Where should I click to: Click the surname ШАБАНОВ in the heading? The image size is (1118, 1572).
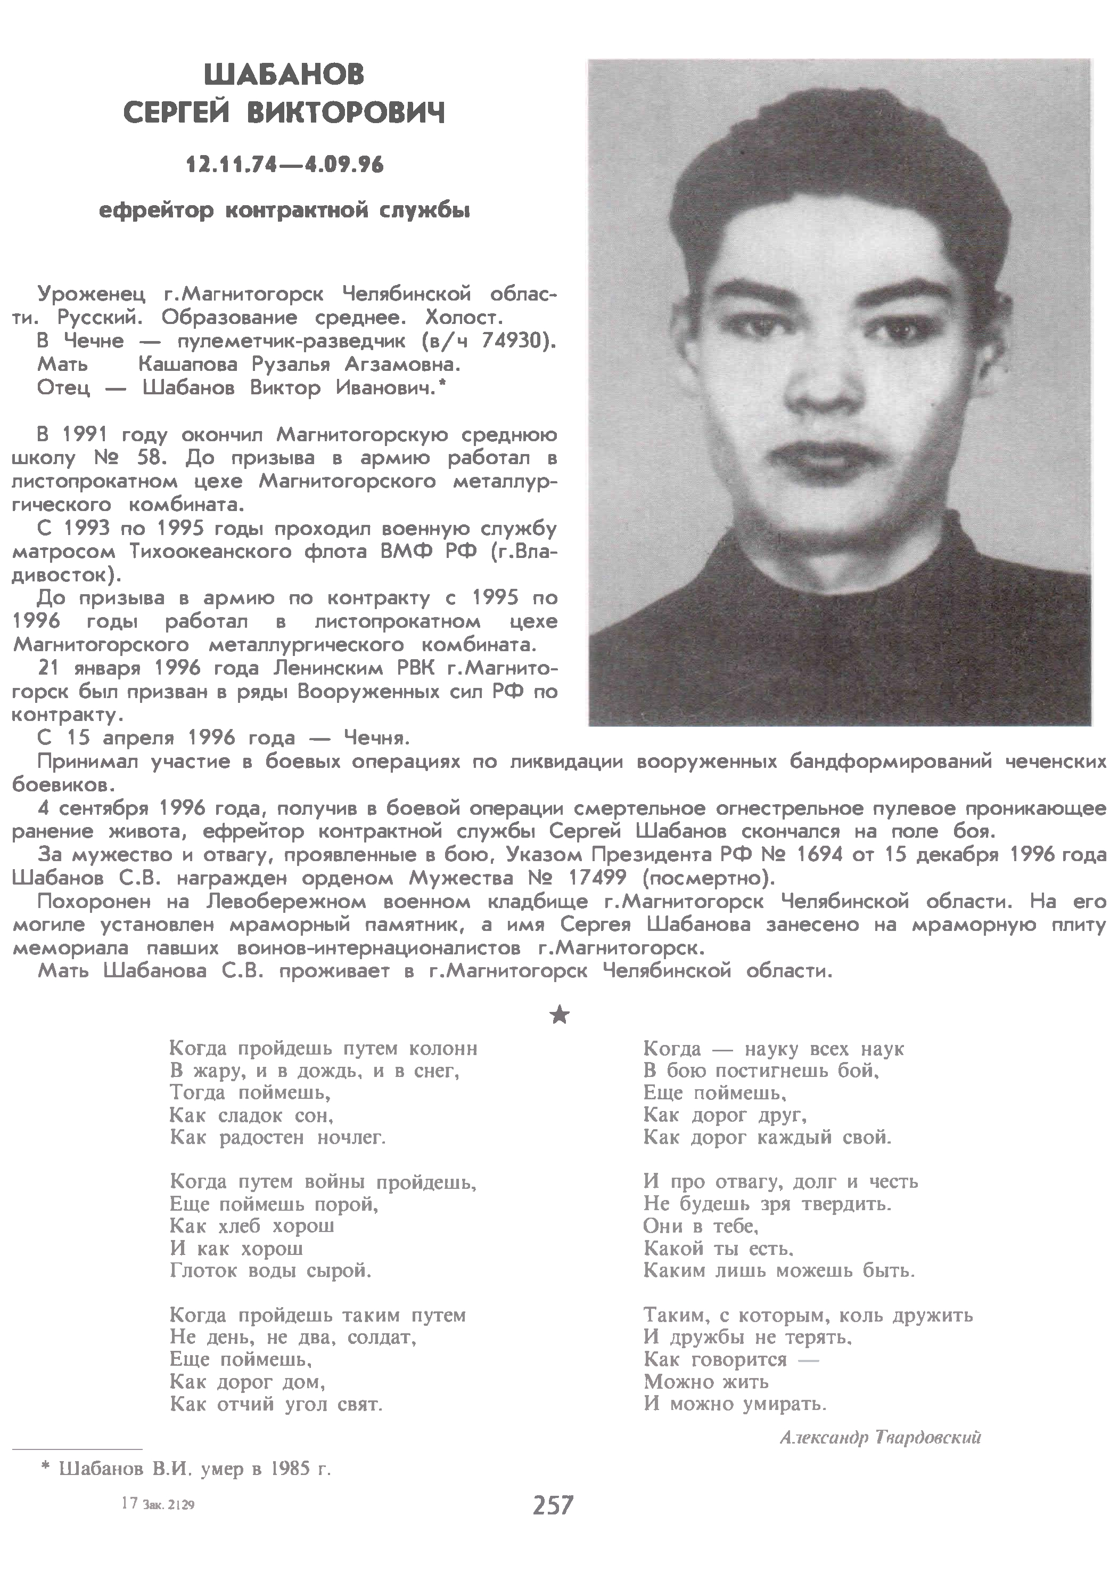coord(284,75)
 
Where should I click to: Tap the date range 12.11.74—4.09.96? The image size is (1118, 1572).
coord(284,165)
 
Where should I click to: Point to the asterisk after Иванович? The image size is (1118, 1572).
coord(442,385)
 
